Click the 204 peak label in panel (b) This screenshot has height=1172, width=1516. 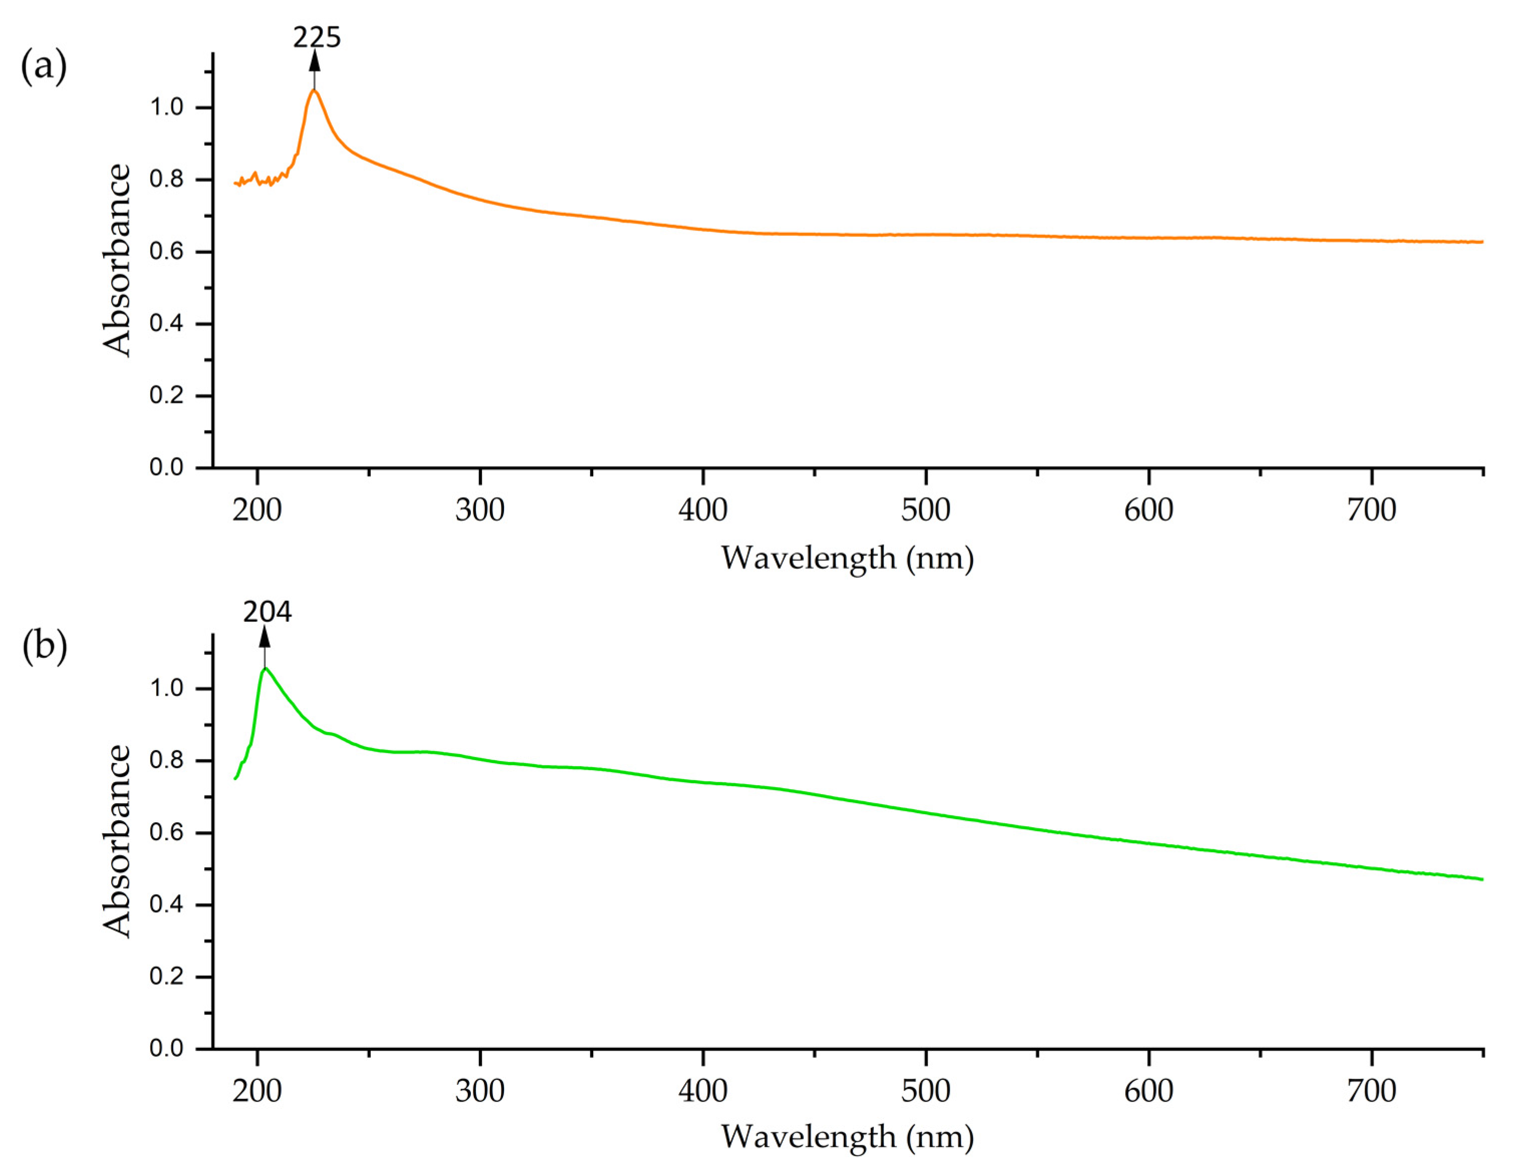click(x=267, y=612)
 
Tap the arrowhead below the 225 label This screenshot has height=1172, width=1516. click(x=315, y=61)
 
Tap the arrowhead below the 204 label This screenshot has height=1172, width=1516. click(x=265, y=637)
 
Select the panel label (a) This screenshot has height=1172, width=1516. click(x=44, y=67)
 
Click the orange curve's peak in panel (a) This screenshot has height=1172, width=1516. click(x=315, y=90)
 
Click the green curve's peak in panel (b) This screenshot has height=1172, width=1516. click(x=265, y=668)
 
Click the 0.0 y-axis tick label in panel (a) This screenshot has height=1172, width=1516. click(x=167, y=467)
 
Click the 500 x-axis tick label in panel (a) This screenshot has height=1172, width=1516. click(x=925, y=510)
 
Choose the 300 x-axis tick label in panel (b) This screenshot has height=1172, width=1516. click(x=479, y=1091)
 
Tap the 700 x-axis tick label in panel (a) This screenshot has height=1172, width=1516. click(x=1372, y=510)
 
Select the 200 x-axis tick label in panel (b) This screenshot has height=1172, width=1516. click(x=257, y=1091)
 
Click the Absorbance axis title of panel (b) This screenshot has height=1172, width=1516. click(x=117, y=840)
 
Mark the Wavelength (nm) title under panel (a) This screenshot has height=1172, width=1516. click(x=847, y=558)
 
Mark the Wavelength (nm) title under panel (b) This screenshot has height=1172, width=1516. click(x=847, y=1136)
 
